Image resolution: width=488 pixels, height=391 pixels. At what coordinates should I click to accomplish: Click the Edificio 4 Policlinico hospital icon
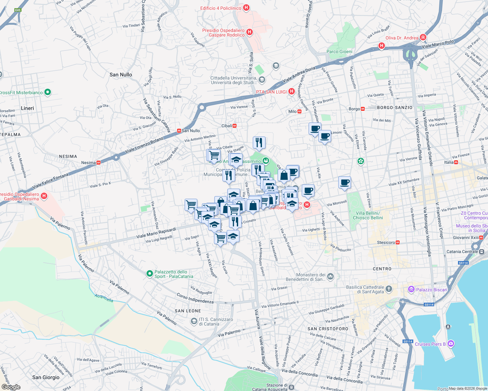coord(246,7)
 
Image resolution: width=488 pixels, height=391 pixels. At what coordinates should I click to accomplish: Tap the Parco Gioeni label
coord(339,51)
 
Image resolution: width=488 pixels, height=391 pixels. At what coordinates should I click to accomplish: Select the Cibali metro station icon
coord(235,126)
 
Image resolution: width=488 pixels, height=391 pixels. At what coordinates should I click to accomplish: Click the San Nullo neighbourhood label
coord(121,75)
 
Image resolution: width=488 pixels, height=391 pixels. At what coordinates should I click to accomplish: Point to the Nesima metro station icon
coord(99,162)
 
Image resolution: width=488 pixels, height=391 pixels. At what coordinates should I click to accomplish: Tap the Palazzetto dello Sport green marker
coord(149,274)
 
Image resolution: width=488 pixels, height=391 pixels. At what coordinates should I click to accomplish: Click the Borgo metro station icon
coord(363,109)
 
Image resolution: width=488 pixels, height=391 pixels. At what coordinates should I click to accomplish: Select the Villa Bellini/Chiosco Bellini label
coord(368,215)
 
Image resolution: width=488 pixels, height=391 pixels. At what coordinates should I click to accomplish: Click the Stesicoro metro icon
coord(398,242)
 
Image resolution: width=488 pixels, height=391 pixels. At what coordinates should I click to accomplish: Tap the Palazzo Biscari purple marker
coord(411,289)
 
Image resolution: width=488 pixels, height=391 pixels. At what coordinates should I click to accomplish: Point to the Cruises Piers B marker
coord(451,343)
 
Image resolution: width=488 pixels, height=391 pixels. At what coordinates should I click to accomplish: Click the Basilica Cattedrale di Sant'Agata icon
coord(389,289)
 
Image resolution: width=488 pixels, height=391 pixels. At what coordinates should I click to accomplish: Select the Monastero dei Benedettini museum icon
coord(330,277)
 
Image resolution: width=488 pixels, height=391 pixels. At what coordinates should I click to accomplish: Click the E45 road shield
coord(18,10)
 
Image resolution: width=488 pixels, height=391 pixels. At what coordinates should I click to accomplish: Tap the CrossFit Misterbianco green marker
coord(48,92)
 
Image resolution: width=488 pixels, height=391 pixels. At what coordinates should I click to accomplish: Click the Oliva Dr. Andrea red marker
coord(423,37)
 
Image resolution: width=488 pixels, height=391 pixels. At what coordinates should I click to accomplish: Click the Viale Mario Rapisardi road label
coord(156,232)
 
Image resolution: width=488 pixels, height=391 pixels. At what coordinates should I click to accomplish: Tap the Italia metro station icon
coord(456,162)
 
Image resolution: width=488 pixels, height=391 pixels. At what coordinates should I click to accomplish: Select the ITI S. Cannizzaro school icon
coord(194,321)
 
